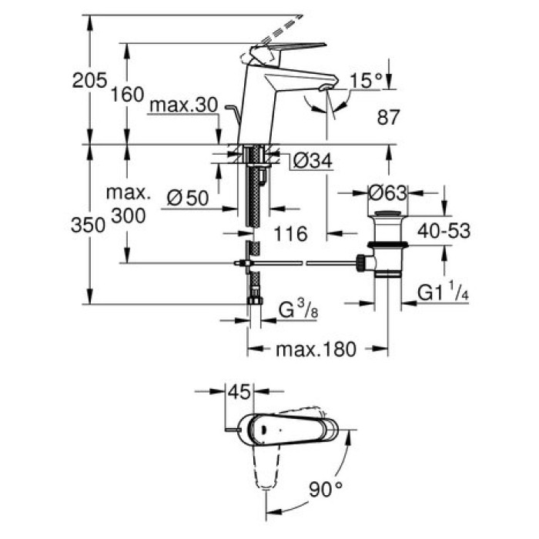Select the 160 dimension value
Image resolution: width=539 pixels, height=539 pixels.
[128, 95]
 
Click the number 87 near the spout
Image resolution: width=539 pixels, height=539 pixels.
[389, 118]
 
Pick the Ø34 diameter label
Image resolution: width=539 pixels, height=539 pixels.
[313, 161]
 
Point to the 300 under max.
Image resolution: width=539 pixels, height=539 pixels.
[128, 217]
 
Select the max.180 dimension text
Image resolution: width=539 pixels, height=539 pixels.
[316, 350]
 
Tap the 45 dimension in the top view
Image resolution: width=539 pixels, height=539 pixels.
[239, 393]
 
